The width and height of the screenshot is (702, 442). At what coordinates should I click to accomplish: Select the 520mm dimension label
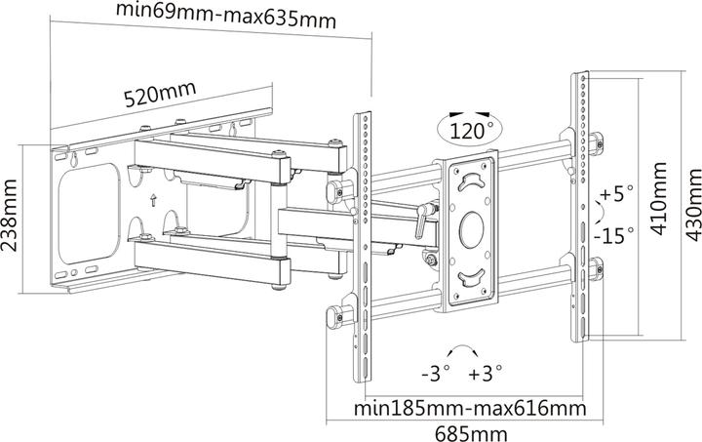(x=161, y=96)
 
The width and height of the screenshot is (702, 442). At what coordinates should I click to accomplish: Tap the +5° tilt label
(x=617, y=193)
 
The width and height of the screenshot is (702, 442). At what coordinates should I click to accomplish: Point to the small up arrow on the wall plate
(x=153, y=200)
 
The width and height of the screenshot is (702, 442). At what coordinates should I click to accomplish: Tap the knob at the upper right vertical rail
(x=595, y=141)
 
